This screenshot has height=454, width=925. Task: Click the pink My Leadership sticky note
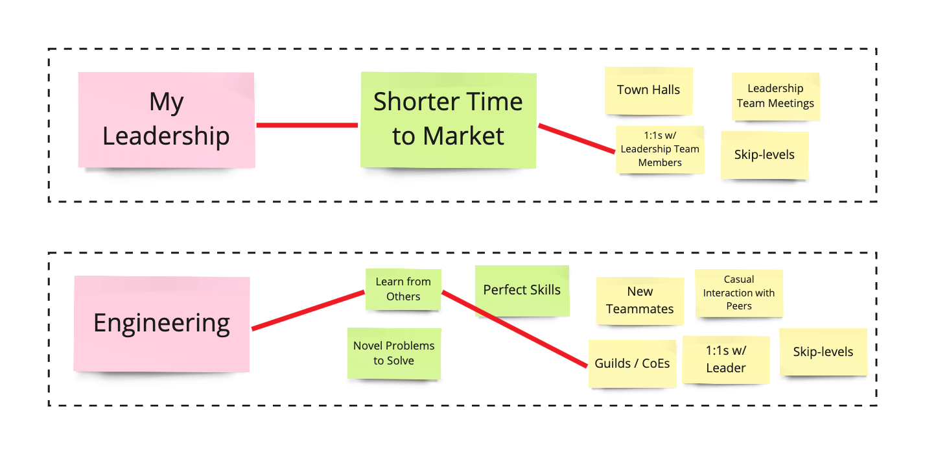point(166,120)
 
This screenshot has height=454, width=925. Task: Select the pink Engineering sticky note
point(161,323)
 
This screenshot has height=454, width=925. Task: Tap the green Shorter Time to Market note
point(448,119)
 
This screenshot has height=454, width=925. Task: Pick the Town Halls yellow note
point(648,90)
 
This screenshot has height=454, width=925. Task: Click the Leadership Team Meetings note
point(775,96)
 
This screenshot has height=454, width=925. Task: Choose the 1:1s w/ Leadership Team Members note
point(660,149)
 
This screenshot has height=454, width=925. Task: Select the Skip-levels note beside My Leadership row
point(764,155)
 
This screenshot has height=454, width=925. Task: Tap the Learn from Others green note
point(403,289)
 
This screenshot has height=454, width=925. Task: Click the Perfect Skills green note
point(522,290)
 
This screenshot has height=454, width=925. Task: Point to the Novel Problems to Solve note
point(393,353)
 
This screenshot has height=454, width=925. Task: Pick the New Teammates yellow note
point(640,300)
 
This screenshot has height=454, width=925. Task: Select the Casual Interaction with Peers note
point(739,293)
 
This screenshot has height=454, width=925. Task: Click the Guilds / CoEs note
point(632,364)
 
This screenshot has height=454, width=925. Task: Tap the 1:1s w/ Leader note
point(725,359)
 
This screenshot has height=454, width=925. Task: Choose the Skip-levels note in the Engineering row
point(823,352)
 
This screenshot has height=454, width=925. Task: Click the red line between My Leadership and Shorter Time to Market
point(307,125)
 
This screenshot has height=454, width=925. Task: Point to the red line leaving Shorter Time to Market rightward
point(576,138)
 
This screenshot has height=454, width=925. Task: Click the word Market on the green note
point(463,136)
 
